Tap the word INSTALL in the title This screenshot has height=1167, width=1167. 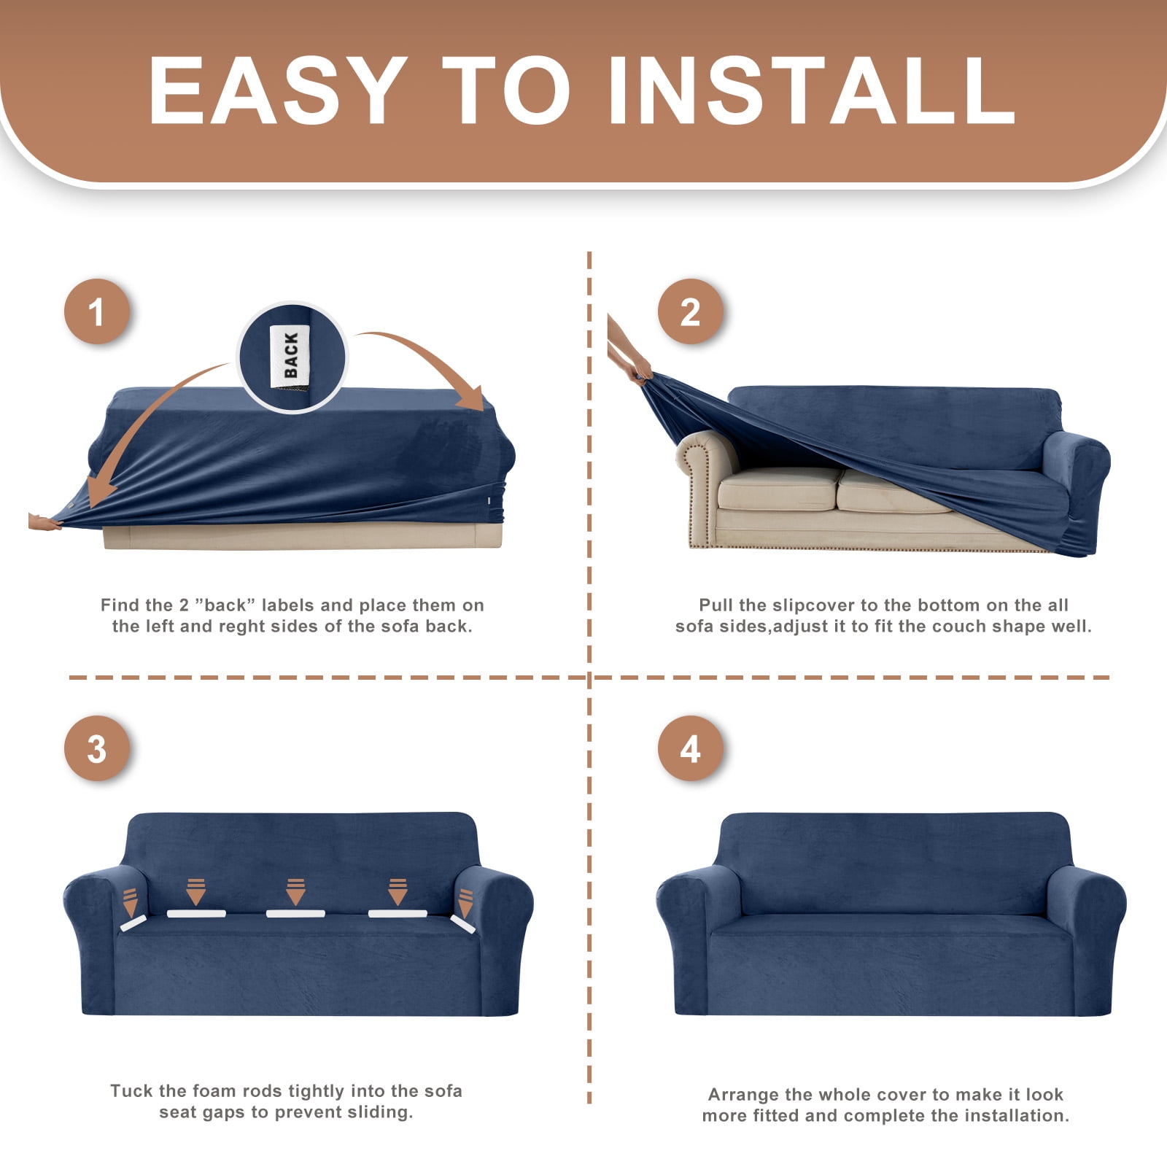click(x=811, y=90)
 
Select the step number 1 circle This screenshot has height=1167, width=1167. click(x=97, y=311)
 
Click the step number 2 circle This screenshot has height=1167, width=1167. click(x=690, y=311)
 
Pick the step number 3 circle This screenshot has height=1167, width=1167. click(x=97, y=748)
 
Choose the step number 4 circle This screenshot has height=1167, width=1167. click(x=690, y=748)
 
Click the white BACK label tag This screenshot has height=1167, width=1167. click(x=290, y=355)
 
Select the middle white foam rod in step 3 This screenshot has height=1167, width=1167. click(x=295, y=913)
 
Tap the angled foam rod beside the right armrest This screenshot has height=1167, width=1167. click(x=462, y=924)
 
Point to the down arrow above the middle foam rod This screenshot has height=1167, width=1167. click(x=295, y=891)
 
